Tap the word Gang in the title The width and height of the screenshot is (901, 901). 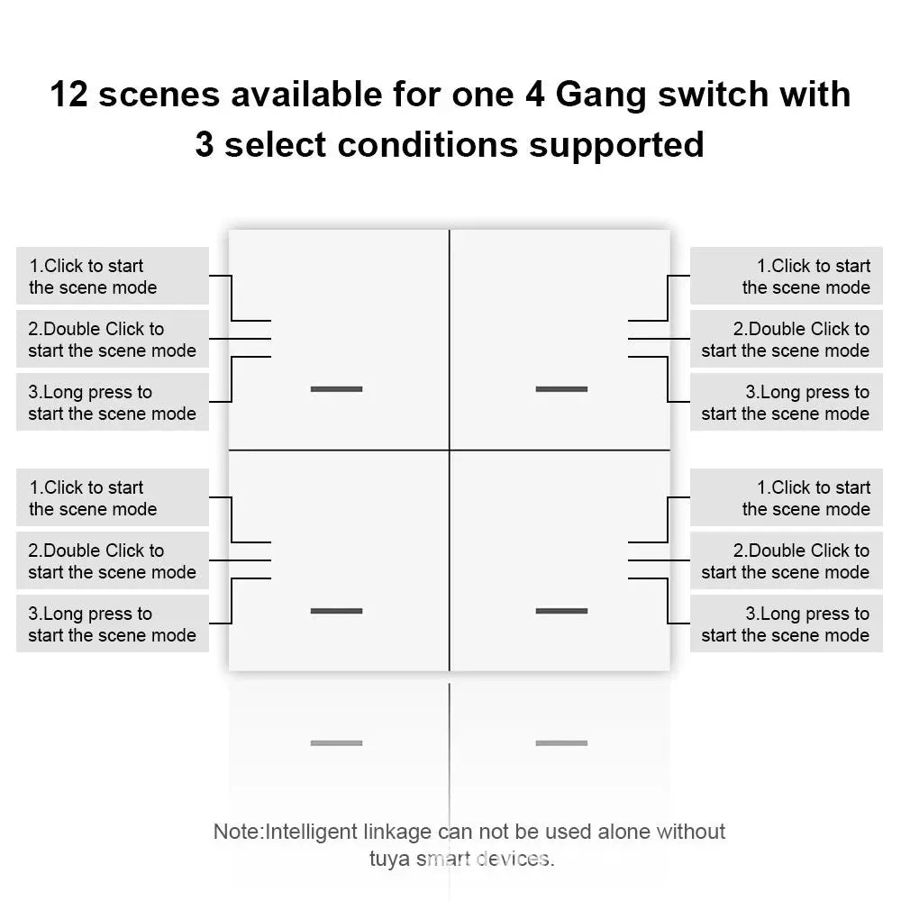point(603,95)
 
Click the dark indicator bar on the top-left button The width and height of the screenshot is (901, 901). point(336,389)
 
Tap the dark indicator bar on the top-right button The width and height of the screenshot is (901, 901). point(561,389)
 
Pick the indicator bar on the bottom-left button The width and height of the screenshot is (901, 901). point(336,611)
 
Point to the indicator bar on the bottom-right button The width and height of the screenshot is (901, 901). point(561,611)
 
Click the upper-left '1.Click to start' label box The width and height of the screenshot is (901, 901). point(113,277)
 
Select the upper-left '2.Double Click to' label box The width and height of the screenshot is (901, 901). point(113,340)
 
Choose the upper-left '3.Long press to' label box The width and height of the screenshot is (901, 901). point(113,403)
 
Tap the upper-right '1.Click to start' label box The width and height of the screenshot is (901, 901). point(786,277)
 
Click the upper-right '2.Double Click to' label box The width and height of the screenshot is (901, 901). point(786,340)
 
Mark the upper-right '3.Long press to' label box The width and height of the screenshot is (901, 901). point(786,403)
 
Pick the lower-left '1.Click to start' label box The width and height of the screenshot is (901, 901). point(113,498)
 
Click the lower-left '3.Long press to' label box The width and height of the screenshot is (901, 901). point(113,624)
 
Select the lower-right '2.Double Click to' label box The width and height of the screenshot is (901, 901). point(786,561)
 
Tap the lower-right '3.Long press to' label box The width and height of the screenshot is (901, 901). point(786,624)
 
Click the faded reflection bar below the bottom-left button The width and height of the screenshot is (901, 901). point(336,743)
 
